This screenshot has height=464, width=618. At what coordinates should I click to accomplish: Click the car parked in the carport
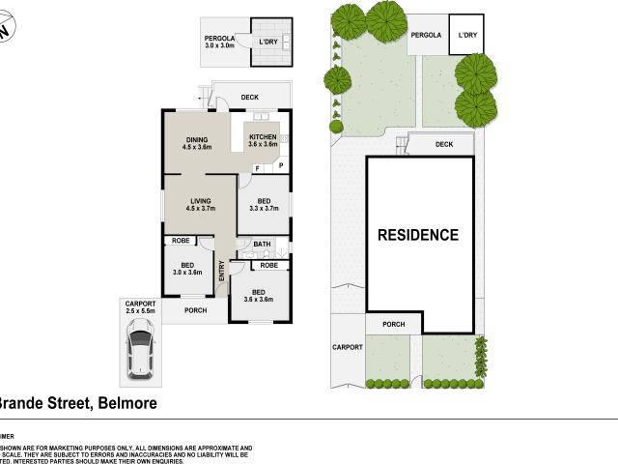[142, 351]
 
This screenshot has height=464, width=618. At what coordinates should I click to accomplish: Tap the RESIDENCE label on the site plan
[417, 235]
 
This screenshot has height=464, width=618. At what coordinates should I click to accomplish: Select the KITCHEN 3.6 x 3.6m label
[263, 141]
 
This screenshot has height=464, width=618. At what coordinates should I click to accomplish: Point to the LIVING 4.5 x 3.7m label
[200, 204]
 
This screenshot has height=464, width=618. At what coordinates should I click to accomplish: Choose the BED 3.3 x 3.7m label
[263, 204]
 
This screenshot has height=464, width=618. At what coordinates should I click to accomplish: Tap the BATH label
[262, 245]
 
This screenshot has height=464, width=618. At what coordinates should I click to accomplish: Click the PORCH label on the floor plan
[196, 310]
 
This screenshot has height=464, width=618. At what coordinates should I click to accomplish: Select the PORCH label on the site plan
[393, 324]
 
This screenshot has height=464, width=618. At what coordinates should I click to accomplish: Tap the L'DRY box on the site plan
[467, 36]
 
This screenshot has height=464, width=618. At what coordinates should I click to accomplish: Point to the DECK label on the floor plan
[250, 97]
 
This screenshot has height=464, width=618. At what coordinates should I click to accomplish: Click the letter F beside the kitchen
[256, 167]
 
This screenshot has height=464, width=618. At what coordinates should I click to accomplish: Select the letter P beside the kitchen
[281, 167]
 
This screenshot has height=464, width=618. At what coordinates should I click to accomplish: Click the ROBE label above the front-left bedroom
[180, 241]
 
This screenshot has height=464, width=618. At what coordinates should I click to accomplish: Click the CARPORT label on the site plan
[347, 347]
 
